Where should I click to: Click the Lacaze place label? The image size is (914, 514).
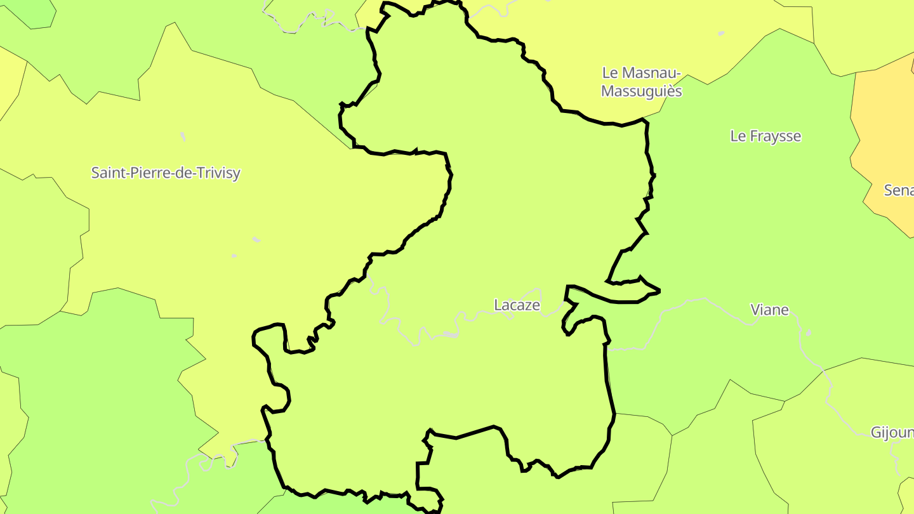coord(517,305)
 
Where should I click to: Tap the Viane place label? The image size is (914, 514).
coord(769,310)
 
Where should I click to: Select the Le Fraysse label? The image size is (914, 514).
coord(765,136)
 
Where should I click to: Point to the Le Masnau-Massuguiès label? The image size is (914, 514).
coord(641,82)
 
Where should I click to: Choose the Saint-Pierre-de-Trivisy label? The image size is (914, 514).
coord(166,173)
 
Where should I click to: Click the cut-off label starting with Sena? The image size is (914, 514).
coord(899,190)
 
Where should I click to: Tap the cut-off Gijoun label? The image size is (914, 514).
coord(892,433)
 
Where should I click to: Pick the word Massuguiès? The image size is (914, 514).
coord(641,91)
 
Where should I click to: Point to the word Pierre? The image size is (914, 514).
coord(145,173)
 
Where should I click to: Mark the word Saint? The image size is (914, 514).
coord(108,173)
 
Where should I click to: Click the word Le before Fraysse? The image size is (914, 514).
coord(738,136)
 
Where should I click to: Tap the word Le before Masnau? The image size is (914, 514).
coord(609,73)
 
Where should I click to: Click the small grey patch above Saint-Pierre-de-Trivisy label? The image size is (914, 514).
coord(183,136)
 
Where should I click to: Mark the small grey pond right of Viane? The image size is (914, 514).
coord(808,333)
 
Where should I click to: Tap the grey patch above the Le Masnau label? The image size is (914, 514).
coord(721,33)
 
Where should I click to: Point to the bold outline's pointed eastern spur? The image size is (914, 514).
coord(658,291)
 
